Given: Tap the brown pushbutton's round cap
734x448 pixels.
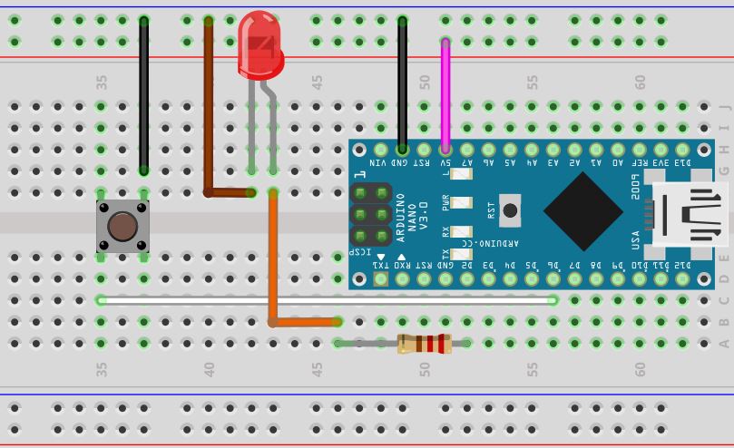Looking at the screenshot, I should coord(122,227).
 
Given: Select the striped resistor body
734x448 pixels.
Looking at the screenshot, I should coord(424,343).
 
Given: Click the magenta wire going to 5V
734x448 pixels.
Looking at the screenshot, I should coord(445,91).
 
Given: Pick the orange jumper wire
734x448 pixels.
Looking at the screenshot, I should coord(272,263).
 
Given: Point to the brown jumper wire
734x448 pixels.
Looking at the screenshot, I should coord(209,109).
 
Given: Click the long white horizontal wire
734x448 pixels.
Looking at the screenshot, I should coord(327,299).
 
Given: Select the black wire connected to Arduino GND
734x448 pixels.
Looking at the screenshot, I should coord(402,82).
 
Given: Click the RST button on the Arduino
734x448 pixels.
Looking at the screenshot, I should coord(510,210).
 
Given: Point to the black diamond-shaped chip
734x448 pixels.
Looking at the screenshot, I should coord(582,210).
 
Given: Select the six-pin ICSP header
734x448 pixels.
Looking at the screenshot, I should coord(371,215).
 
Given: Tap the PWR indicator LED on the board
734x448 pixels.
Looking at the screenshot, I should coord(462,203).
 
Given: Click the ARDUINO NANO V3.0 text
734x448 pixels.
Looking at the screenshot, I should coord(412,217).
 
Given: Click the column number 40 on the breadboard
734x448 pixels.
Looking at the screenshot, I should coord(210,369).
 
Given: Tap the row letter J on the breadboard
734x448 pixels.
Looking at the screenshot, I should coord(723,107).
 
